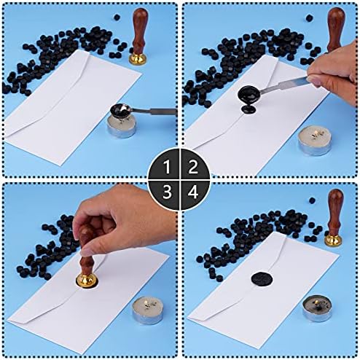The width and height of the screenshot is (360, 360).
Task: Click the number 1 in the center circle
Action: (x=167, y=168)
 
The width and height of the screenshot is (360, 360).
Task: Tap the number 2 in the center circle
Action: (x=192, y=168)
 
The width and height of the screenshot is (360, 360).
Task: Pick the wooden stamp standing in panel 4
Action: (x=335, y=211)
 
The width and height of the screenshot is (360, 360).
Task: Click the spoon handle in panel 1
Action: (x=157, y=111)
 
